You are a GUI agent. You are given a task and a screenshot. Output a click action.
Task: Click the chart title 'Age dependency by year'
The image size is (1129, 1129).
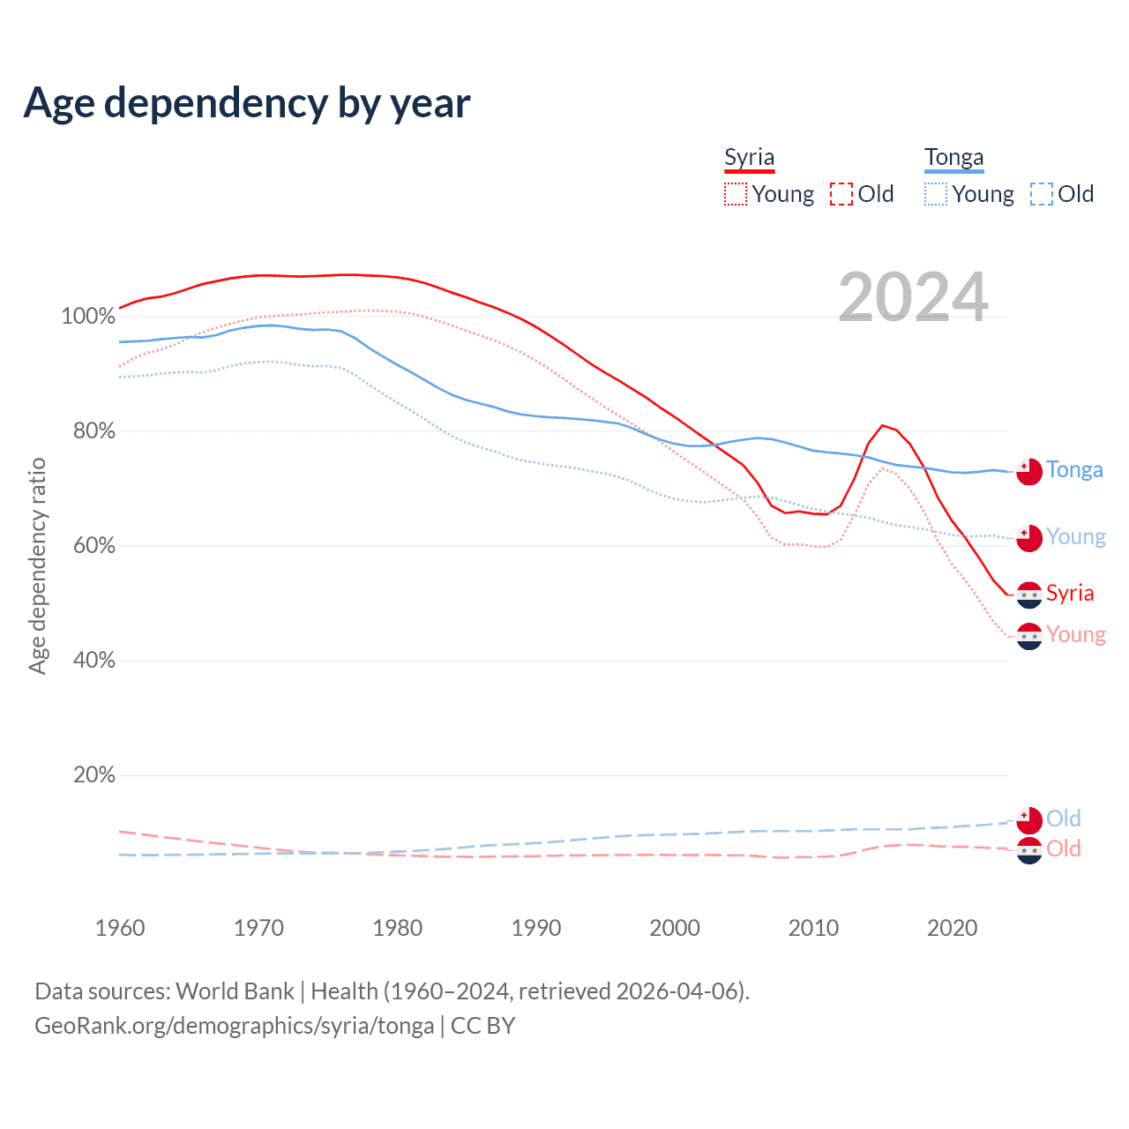click(247, 103)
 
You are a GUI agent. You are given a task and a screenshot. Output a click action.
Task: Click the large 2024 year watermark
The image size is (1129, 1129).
click(913, 297)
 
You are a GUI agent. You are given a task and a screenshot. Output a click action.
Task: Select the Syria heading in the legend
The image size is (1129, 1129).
click(749, 157)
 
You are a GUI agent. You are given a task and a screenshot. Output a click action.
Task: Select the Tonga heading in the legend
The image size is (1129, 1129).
click(953, 157)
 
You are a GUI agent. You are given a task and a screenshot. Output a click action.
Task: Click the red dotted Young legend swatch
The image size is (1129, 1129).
click(736, 194)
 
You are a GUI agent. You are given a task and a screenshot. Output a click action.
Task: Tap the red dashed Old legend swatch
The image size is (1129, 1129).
click(841, 194)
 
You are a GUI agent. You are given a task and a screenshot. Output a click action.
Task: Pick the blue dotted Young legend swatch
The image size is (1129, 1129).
click(936, 194)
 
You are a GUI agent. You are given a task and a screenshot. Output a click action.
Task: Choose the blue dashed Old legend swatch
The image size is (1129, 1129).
click(1042, 194)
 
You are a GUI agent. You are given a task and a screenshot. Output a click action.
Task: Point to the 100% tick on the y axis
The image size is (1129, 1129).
click(88, 317)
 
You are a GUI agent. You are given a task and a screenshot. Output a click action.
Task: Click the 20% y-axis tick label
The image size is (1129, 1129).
click(94, 775)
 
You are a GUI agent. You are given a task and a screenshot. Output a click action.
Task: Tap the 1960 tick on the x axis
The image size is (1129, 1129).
click(120, 928)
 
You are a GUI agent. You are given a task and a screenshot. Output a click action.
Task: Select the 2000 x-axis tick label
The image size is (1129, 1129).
click(675, 928)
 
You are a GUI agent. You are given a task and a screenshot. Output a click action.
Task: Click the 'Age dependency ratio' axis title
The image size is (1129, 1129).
click(37, 565)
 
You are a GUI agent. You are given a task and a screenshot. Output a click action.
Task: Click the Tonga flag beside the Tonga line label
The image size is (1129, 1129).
click(1029, 471)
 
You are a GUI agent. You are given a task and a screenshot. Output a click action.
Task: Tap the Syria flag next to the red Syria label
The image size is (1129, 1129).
click(1029, 595)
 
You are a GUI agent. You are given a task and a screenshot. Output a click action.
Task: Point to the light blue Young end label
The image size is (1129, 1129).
click(1076, 537)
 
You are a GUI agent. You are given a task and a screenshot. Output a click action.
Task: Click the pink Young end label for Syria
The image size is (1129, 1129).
click(1076, 635)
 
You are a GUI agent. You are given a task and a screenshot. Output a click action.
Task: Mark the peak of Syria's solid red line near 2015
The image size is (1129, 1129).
click(882, 425)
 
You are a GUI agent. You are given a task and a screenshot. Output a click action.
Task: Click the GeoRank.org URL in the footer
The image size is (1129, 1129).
click(234, 1026)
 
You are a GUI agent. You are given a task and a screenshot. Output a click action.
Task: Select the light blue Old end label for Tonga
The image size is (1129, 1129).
click(1064, 819)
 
